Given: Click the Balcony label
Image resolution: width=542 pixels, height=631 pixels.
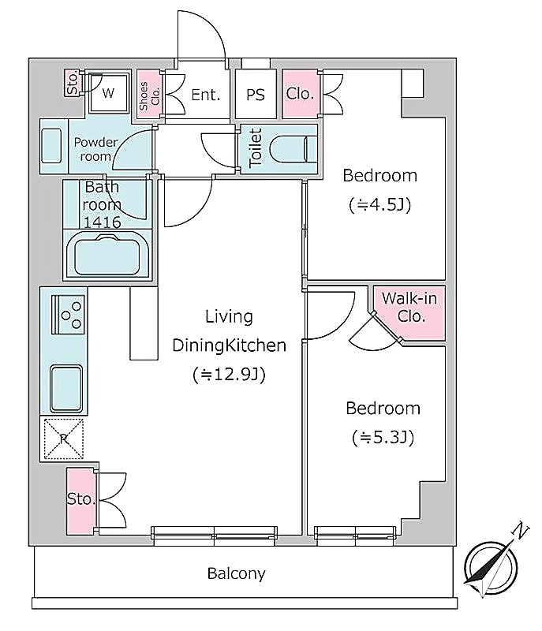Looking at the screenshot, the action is click(x=236, y=573).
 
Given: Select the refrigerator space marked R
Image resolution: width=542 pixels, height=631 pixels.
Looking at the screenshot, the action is click(x=64, y=439).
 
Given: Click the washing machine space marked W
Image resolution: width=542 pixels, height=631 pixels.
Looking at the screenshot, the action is click(x=109, y=93).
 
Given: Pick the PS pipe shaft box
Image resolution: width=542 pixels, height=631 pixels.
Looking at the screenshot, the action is click(x=256, y=94).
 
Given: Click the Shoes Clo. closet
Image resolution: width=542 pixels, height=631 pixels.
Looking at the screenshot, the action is click(x=149, y=95).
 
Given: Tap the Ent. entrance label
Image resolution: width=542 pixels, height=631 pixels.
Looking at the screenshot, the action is click(x=206, y=95).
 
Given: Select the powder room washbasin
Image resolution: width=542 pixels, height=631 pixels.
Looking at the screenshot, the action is click(x=51, y=146).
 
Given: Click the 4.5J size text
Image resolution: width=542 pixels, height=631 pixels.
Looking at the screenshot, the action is click(x=379, y=205).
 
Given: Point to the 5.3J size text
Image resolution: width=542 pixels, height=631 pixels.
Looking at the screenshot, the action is click(x=383, y=438).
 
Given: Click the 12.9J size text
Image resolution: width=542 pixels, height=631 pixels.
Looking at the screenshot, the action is click(x=229, y=375).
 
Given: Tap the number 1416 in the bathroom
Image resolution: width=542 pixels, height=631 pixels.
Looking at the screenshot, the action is click(x=103, y=222).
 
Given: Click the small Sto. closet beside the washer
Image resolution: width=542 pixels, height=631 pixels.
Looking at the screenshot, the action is click(x=73, y=84).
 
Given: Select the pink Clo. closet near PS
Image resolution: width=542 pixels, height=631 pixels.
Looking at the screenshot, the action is click(x=301, y=94).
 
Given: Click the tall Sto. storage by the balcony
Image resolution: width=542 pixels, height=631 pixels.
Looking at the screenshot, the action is click(x=82, y=501).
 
